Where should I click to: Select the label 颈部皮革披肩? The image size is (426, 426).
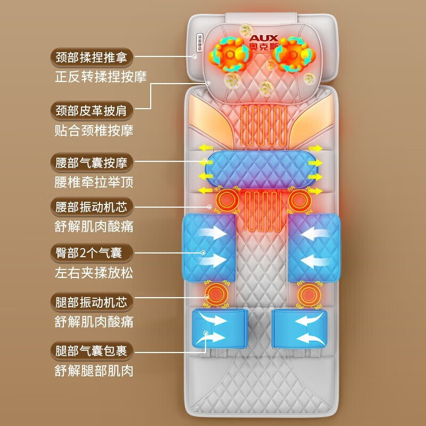tap(92, 111)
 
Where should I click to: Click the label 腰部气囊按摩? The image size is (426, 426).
tap(92, 162)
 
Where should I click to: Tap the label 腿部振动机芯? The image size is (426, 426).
tap(92, 302)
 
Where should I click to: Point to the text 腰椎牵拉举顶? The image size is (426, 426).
tap(94, 182)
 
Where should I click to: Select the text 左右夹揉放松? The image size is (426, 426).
tap(94, 273)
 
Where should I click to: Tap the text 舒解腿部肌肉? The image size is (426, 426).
tap(94, 371)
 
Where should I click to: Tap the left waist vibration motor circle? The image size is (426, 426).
tap(228, 200)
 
